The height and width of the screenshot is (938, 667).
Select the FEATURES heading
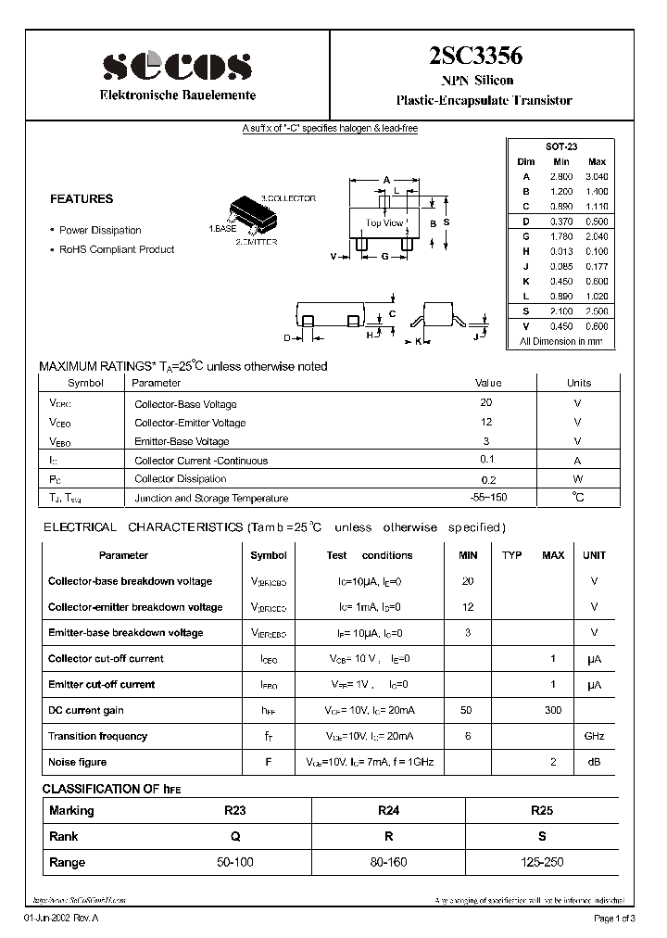(x=82, y=198)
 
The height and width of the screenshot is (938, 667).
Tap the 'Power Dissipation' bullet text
(x=100, y=230)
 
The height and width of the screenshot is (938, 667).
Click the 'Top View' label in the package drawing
(x=384, y=222)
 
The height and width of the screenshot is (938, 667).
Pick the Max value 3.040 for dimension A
(x=598, y=176)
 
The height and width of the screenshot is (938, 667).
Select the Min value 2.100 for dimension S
(x=561, y=311)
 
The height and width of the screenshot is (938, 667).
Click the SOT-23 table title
(x=561, y=147)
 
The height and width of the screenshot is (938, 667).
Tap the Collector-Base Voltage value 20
(x=486, y=402)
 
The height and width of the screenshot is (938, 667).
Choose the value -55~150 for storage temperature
(x=488, y=498)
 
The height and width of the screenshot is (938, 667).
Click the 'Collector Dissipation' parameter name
(x=180, y=479)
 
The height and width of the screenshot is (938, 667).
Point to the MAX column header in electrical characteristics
(x=553, y=555)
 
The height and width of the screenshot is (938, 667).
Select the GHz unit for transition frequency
(x=594, y=736)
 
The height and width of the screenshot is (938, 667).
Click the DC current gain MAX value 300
(x=553, y=710)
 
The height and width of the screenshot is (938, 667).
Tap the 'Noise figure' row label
(x=78, y=762)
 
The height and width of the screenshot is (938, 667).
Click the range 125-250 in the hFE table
(x=542, y=862)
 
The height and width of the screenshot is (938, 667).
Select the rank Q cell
(x=235, y=836)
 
